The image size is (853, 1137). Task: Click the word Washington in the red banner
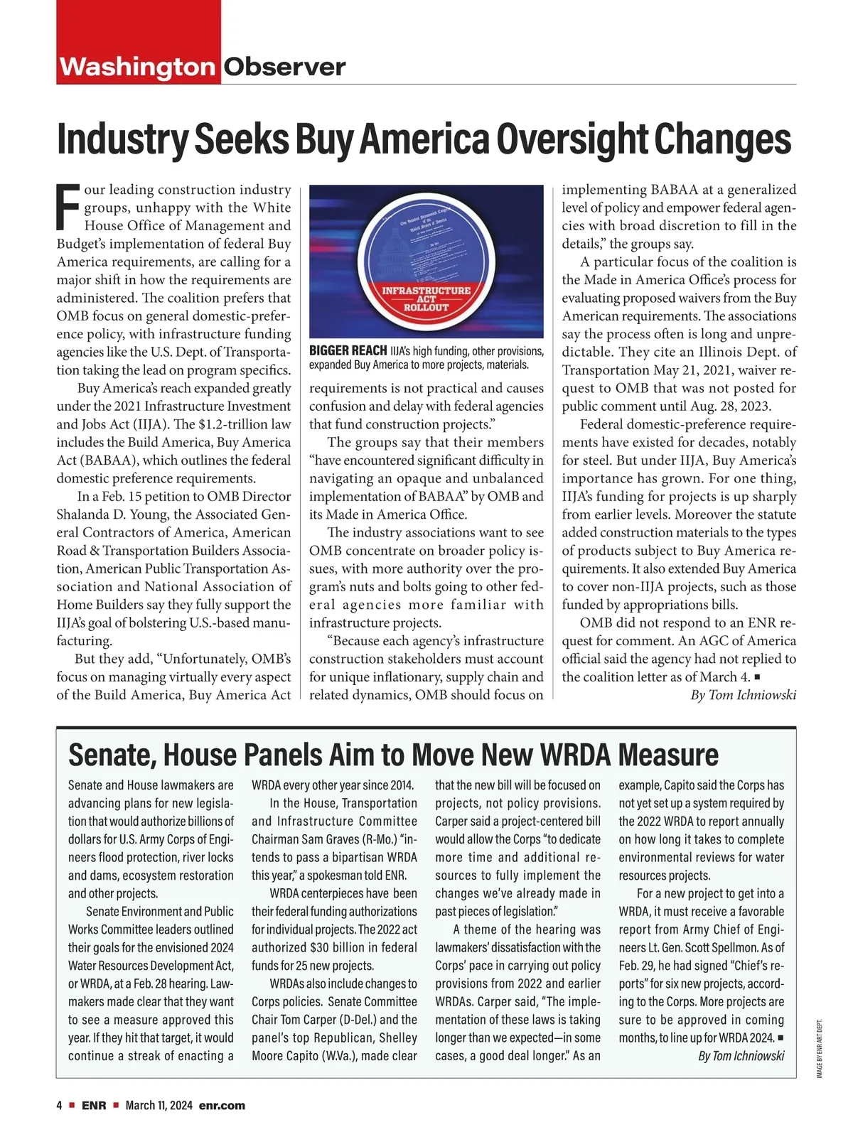point(137,68)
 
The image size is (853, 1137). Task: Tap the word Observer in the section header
point(284,68)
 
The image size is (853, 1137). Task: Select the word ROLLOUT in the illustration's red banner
point(426,308)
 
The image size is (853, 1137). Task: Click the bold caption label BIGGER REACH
point(348,351)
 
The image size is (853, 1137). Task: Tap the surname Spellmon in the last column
point(741,947)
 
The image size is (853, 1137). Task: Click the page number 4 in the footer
point(60,1106)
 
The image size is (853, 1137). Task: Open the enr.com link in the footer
point(222,1106)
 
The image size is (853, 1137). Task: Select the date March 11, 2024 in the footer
point(159,1106)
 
